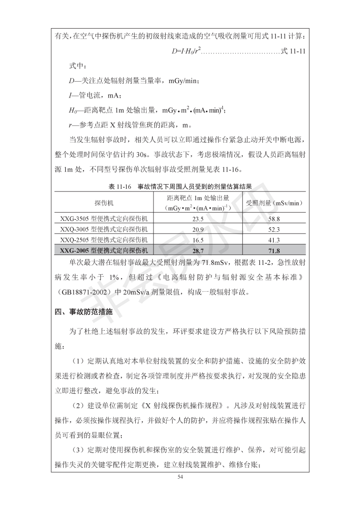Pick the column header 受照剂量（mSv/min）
tap(275, 202)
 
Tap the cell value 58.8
tap(274, 219)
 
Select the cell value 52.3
tap(274, 229)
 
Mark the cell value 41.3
tap(274, 240)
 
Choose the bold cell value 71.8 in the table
tap(274, 250)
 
